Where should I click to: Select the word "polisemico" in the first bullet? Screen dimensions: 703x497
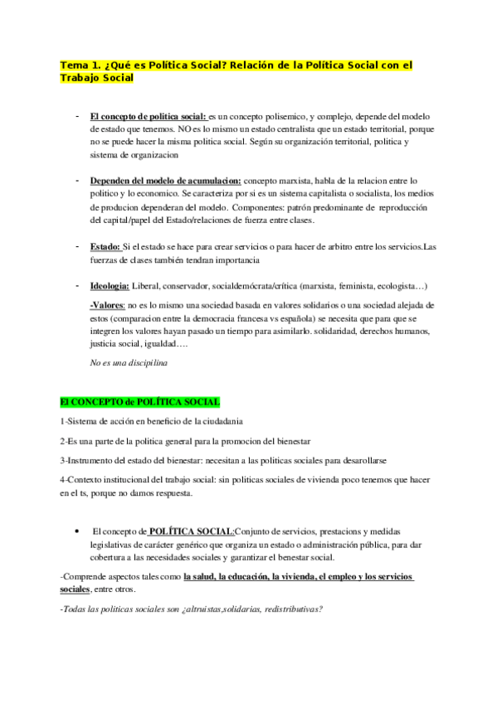pos(273,117)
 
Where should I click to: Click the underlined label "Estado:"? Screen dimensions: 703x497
pos(105,246)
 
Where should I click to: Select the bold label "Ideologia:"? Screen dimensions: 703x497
pos(110,286)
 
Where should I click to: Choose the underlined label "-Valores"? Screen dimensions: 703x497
pos(107,305)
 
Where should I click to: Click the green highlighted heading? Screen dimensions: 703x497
pos(139,402)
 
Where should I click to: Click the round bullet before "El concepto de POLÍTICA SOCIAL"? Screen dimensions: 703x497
pos(76,531)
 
